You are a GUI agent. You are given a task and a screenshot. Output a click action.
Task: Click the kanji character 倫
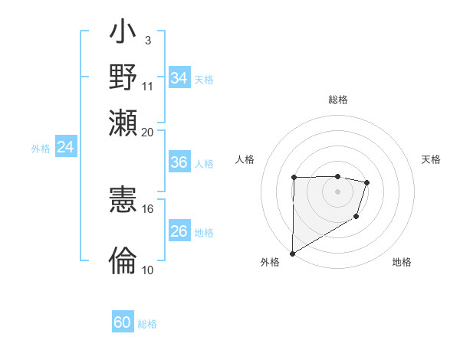(123, 260)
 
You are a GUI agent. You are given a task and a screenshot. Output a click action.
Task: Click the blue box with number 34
(179, 78)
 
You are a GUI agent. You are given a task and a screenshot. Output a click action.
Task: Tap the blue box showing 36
(179, 163)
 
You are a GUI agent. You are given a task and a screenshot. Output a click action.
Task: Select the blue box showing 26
(179, 231)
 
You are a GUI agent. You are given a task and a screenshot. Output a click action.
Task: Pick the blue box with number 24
(66, 147)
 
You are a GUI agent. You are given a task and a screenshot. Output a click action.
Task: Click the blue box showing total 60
(123, 322)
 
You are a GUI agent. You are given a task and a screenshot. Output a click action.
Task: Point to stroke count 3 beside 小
(148, 40)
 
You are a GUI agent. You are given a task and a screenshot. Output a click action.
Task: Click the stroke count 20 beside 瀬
(148, 132)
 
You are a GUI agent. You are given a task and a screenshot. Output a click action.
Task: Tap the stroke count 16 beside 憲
(148, 208)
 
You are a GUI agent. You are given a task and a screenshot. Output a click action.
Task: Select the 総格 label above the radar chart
(338, 100)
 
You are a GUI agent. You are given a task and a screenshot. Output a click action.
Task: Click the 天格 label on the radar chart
(431, 159)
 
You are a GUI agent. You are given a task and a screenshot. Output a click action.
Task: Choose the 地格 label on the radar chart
(402, 262)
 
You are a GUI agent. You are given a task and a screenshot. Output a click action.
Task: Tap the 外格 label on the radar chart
(270, 262)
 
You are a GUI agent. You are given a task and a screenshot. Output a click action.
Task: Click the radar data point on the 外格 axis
(292, 253)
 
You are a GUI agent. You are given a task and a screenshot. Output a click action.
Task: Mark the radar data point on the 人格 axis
(294, 178)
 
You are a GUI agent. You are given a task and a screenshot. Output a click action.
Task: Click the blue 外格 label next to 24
(40, 149)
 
